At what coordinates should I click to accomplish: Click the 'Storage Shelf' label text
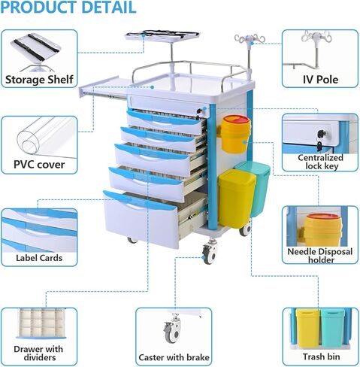[39, 80]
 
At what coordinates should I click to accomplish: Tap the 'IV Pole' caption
[320, 80]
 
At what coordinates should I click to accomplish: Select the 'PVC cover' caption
[39, 165]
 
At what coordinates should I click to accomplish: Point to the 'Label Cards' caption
[39, 258]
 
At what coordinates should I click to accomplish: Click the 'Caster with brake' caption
[174, 357]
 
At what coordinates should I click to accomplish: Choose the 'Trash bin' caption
[321, 356]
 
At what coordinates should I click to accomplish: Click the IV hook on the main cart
[250, 39]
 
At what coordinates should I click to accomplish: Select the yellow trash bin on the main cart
[237, 199]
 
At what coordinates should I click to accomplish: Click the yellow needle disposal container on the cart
[235, 134]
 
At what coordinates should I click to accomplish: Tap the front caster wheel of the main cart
[209, 253]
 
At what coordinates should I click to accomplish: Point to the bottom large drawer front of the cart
[141, 219]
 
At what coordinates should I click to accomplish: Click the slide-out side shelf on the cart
[103, 87]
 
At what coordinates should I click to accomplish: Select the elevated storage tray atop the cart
[162, 36]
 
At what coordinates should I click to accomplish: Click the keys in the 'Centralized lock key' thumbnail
[321, 141]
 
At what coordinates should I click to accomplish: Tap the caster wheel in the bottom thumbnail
[172, 330]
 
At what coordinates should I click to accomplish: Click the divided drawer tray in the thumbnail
[41, 323]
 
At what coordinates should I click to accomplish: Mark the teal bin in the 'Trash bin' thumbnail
[333, 328]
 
